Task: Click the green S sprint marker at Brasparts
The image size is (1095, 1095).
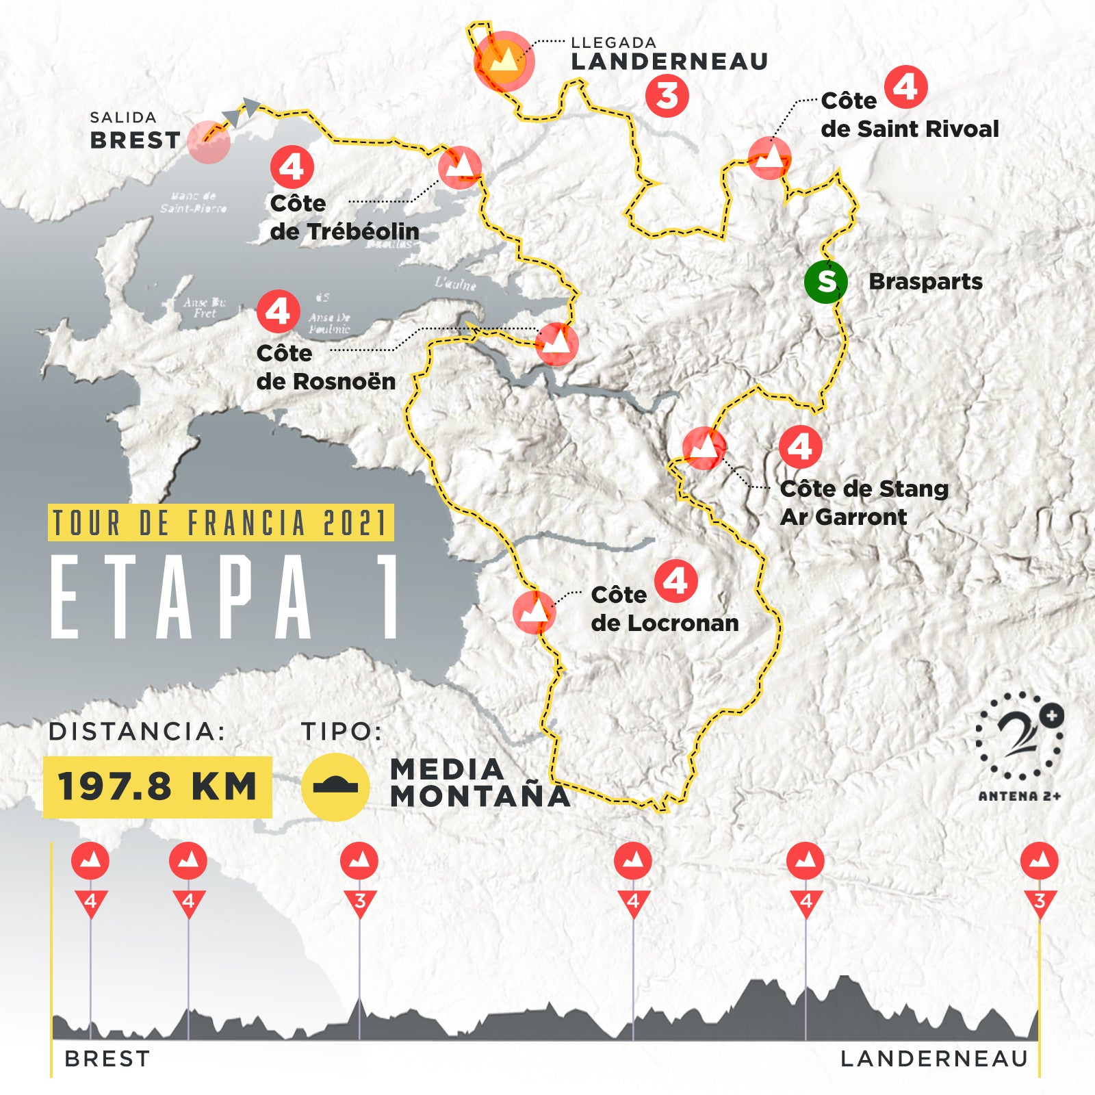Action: click(x=826, y=281)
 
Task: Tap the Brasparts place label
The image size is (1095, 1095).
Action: click(x=925, y=281)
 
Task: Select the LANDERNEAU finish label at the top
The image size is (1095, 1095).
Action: click(x=669, y=61)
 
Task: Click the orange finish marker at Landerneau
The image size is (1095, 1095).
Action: click(x=504, y=61)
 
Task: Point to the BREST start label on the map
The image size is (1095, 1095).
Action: click(x=135, y=140)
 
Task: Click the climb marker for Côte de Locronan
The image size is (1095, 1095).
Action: click(x=534, y=610)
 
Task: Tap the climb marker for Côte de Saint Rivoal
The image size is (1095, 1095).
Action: click(x=770, y=158)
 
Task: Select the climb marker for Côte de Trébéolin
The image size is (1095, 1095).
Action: click(x=460, y=167)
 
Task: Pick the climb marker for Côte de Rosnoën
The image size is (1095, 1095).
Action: click(x=556, y=344)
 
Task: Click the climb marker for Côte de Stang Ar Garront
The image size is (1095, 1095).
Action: click(x=704, y=448)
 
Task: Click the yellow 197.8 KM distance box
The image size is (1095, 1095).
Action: click(x=157, y=786)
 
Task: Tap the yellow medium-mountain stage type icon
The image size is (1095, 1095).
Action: click(x=335, y=787)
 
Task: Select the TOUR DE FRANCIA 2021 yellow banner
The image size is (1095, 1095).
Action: click(x=220, y=523)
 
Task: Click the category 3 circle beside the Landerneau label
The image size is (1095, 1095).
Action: click(x=667, y=95)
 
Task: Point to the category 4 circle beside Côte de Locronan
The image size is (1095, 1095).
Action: click(x=675, y=582)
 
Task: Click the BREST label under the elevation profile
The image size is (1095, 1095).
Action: click(x=107, y=1059)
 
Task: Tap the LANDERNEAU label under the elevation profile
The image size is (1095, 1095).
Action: click(x=934, y=1059)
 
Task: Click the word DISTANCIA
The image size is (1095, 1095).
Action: click(x=137, y=732)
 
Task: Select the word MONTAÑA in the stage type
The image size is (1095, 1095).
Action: click(x=480, y=796)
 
